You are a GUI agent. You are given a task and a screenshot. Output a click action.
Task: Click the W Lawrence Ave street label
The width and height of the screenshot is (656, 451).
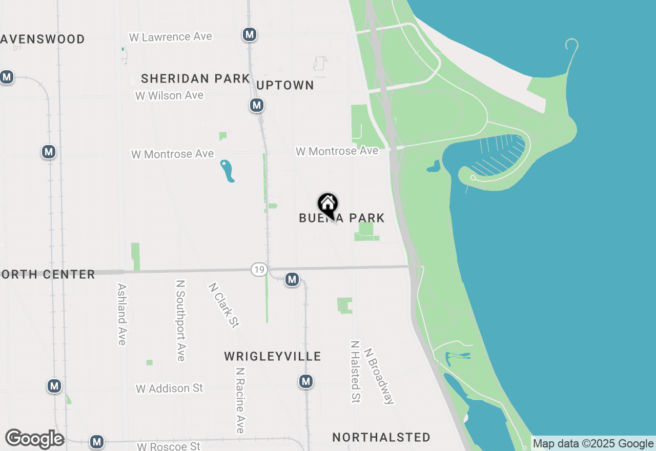click(171, 37)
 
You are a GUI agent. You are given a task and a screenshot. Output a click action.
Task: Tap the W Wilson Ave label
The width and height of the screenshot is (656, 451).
click(169, 95)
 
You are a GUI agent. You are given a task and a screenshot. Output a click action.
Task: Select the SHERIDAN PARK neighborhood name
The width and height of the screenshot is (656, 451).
click(195, 79)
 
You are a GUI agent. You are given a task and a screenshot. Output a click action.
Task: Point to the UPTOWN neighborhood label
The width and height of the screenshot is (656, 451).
click(285, 85)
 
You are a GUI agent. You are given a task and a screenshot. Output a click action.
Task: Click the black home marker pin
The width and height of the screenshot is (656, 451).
click(327, 205)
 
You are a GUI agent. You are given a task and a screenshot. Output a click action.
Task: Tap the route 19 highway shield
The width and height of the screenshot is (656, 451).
click(259, 270)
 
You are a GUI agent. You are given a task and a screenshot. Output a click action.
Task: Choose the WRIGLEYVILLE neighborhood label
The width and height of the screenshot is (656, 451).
click(273, 356)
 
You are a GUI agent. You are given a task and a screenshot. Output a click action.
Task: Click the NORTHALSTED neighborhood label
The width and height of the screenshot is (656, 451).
click(381, 437)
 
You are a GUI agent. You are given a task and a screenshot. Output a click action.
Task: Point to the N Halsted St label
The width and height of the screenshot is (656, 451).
click(355, 372)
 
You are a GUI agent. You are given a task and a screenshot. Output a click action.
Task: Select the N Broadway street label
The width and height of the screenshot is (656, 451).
click(379, 377)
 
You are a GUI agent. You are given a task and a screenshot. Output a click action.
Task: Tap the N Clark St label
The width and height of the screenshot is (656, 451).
click(224, 305)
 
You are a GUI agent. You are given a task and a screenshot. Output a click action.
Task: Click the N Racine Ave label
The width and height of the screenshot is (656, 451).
click(240, 400)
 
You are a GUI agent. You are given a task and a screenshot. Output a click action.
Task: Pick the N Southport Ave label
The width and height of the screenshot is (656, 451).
click(180, 320)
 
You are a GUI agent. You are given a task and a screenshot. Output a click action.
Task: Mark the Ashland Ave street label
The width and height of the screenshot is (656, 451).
click(121, 314)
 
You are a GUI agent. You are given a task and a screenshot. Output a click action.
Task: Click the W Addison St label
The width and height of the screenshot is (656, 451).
click(170, 388)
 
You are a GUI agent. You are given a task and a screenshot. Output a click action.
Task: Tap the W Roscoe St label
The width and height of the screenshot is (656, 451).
click(169, 446)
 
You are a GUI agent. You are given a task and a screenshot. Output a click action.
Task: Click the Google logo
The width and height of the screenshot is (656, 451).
click(34, 439)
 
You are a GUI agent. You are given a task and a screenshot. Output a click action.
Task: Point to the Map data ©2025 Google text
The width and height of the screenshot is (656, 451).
click(593, 444)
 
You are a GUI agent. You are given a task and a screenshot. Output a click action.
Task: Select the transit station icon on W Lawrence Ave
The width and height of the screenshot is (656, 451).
click(249, 34)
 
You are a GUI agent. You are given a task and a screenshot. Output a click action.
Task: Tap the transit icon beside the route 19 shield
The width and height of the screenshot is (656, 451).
click(292, 279)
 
